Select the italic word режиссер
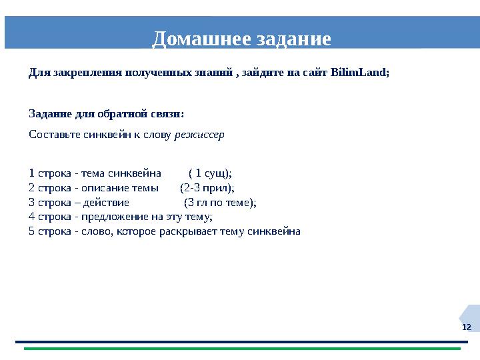[199, 134]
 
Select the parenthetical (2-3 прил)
[207, 187]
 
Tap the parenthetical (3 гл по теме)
[219, 202]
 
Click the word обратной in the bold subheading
[127, 114]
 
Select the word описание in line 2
[101, 187]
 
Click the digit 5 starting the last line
[32, 231]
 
